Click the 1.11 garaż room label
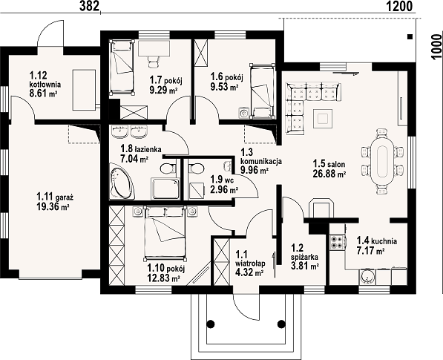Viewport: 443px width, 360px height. tap(55, 196)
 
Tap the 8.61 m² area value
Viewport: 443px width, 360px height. tap(44, 93)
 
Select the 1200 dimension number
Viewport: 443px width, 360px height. tap(399, 6)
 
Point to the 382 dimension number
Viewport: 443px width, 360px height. tap(90, 6)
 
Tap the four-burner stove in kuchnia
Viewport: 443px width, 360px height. tap(337, 242)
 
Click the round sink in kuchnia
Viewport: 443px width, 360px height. tap(367, 277)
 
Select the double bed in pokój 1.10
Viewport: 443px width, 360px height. tap(165, 233)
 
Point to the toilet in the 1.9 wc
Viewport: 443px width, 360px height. tap(197, 168)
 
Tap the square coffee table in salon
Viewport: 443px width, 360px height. tap(322, 119)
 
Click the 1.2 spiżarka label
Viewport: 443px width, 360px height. tap(304, 252)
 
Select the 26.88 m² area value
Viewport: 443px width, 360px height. tap(329, 174)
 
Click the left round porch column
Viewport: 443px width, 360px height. tap(210, 324)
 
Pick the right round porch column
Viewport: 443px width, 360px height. tap(281, 324)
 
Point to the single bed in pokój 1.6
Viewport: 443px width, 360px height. tap(263, 91)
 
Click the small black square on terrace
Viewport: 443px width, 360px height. tap(410, 36)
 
